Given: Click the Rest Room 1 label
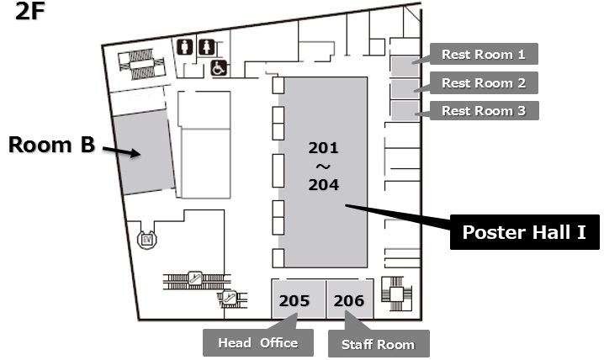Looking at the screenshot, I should point(484,55).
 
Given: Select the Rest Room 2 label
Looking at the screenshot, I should point(484,82).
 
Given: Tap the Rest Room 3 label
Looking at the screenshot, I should point(484,109).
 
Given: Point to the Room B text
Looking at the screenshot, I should point(50,145).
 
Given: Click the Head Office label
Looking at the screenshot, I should point(257,342).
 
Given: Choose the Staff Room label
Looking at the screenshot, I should point(378,344).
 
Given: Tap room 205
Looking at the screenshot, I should point(294,300).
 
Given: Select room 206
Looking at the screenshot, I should point(348,300).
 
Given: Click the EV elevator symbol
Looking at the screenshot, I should point(146,239).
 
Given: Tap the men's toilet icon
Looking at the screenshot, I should point(186,46).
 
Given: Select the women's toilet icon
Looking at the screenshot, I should point(204,46).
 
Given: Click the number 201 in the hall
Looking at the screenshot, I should point(323,148).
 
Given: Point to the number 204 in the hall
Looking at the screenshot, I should point(323,184).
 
